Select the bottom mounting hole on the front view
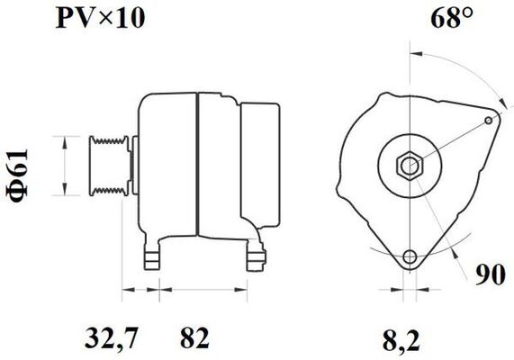[x=410, y=256]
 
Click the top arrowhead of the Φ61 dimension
[x=64, y=140]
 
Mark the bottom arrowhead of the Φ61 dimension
[x=64, y=191]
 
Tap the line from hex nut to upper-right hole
[x=450, y=140]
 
